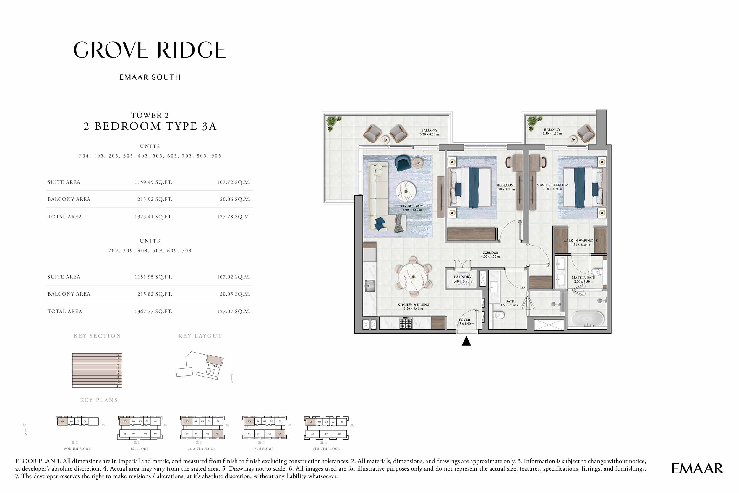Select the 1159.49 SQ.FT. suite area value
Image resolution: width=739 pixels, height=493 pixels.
click(153, 182)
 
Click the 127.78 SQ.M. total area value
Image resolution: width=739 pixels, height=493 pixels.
click(234, 217)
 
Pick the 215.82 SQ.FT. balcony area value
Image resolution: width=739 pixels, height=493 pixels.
click(154, 294)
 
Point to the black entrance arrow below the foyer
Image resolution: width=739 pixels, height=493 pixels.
click(466, 341)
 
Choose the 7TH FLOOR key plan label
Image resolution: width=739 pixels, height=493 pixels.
click(264, 449)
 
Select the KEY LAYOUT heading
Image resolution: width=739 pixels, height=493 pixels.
click(200, 336)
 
